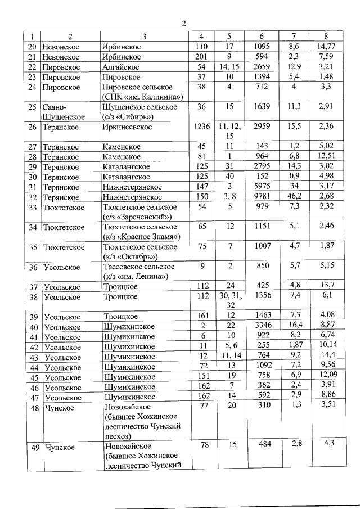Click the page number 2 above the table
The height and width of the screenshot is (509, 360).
pos(183,23)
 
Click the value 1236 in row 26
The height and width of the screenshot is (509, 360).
pos(201,127)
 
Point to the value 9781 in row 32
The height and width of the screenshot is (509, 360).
pos(262,197)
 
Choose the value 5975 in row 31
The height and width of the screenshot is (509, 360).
pos(262,187)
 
